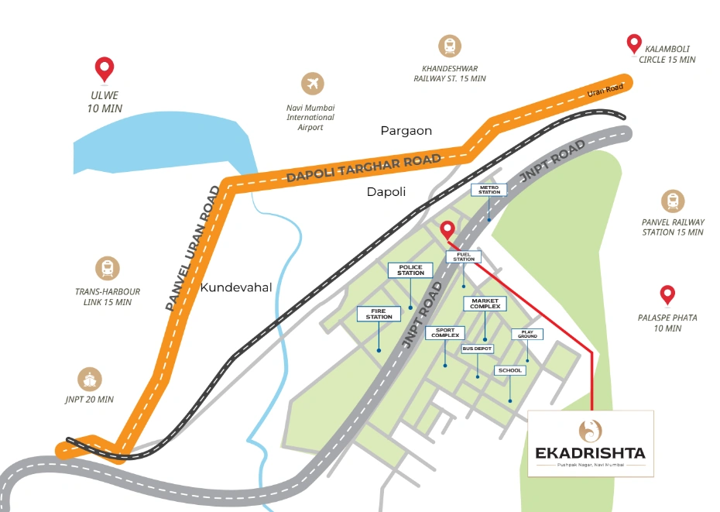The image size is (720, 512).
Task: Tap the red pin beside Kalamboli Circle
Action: tap(634, 43)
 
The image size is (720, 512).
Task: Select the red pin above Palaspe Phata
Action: tap(667, 294)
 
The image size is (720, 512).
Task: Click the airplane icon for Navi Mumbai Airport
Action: tap(313, 83)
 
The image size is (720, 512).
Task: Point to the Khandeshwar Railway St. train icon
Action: tap(448, 46)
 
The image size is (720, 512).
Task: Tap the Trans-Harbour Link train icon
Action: tap(108, 269)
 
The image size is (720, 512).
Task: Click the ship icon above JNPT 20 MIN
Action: tap(90, 379)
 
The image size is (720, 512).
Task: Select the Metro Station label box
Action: tap(489, 190)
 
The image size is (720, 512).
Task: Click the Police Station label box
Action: tap(410, 270)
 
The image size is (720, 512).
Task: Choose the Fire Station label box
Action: tap(379, 314)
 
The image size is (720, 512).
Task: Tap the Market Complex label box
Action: tap(485, 303)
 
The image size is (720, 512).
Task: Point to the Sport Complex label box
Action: tap(444, 333)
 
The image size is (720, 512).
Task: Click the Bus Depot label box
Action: tap(477, 349)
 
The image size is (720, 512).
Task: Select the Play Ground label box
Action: tap(527, 334)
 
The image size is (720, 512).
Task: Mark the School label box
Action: tap(510, 370)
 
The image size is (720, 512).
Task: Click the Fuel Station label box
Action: tap(464, 256)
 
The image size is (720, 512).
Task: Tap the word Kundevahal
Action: tap(236, 287)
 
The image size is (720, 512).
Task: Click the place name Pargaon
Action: tap(406, 131)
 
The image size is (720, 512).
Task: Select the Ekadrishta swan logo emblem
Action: tap(591, 429)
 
